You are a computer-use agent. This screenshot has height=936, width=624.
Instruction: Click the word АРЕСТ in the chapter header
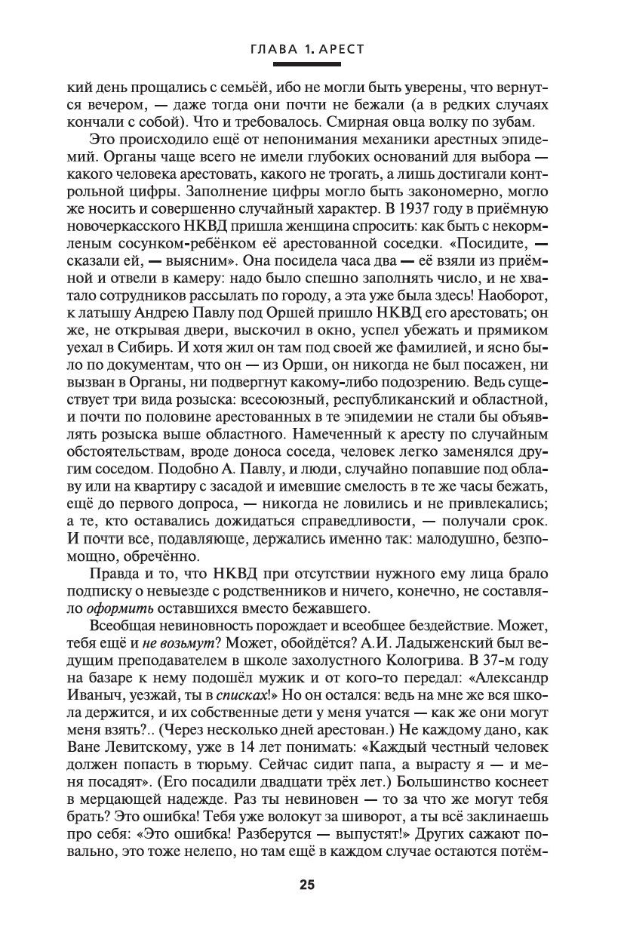click(x=341, y=49)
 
